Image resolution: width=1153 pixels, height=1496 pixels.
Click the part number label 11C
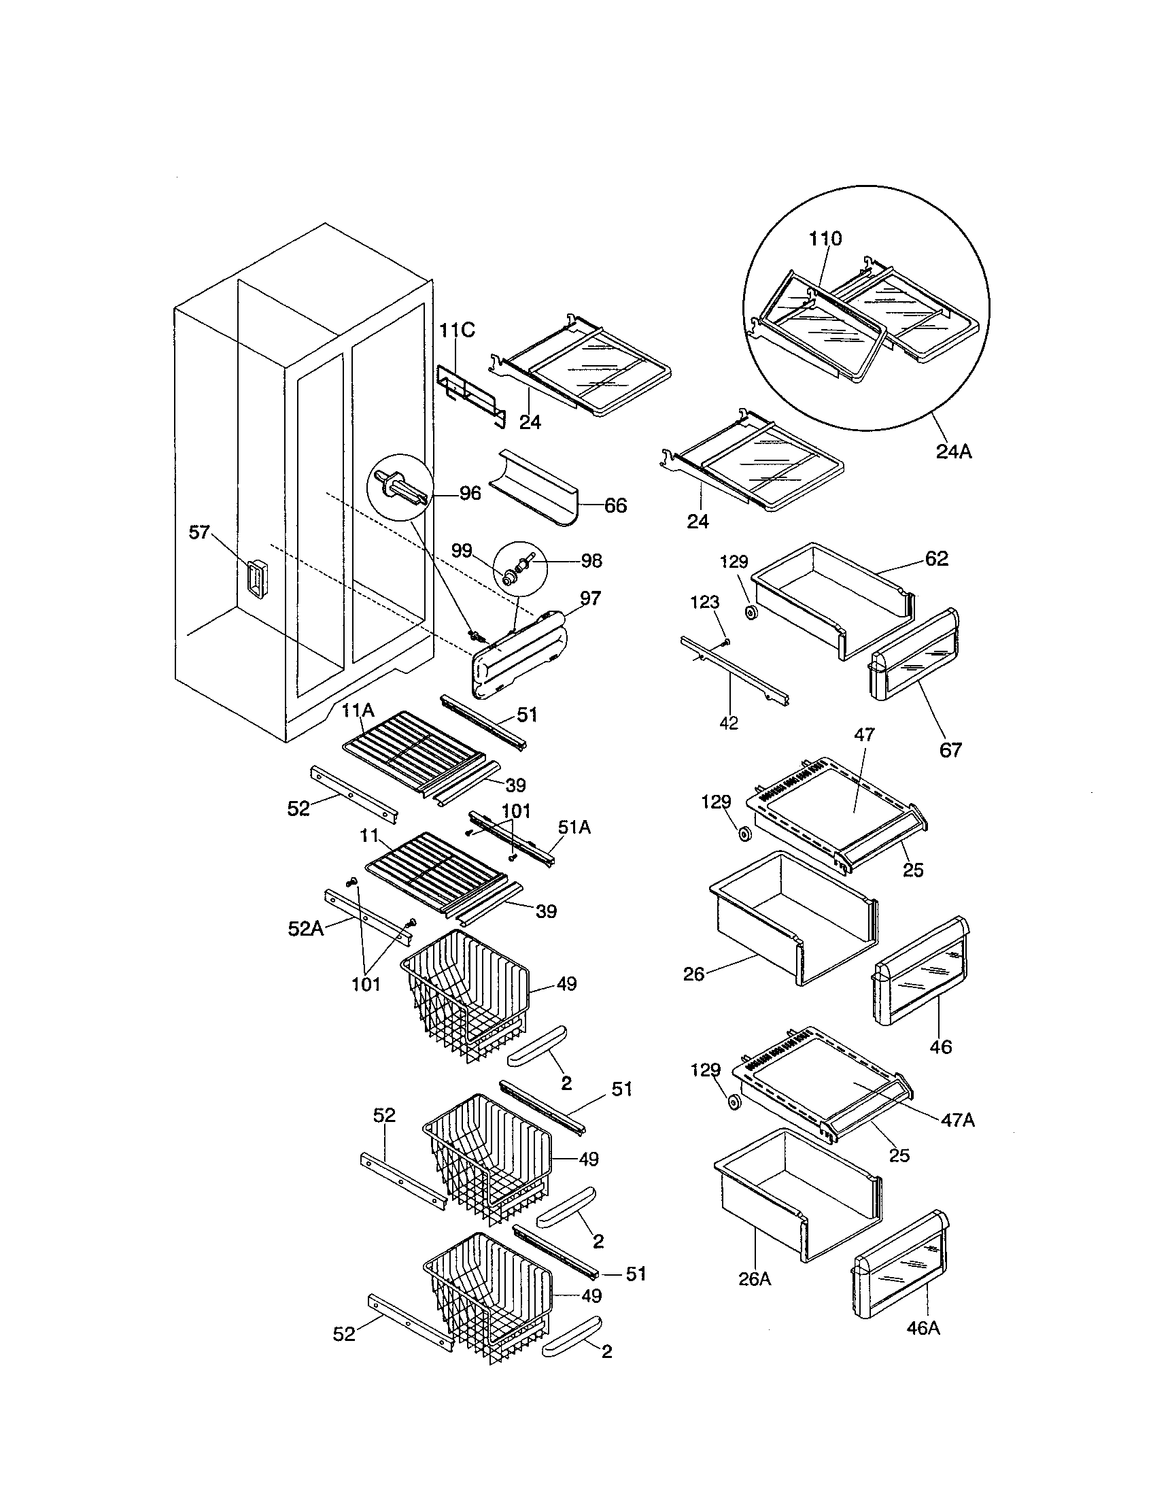pos(457,330)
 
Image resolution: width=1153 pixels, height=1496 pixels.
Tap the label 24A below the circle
pos(954,452)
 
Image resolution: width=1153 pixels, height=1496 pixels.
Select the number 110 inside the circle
pos(825,239)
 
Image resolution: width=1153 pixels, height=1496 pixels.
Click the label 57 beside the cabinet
pos(199,532)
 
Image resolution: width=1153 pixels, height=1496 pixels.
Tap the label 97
pos(590,598)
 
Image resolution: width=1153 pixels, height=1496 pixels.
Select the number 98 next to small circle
pos(591,560)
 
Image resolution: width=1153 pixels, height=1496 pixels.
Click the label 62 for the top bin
pos(937,558)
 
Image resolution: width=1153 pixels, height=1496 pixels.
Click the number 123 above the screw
pos(704,602)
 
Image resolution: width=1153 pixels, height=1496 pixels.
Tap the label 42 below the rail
pos(729,723)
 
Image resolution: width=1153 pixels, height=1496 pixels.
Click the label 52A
pos(304,929)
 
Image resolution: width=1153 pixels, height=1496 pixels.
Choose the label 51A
pos(574,828)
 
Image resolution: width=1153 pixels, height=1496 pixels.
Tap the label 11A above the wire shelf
pos(358,711)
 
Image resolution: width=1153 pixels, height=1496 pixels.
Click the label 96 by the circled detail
pos(470,493)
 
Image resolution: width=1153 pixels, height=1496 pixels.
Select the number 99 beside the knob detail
pos(462,551)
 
